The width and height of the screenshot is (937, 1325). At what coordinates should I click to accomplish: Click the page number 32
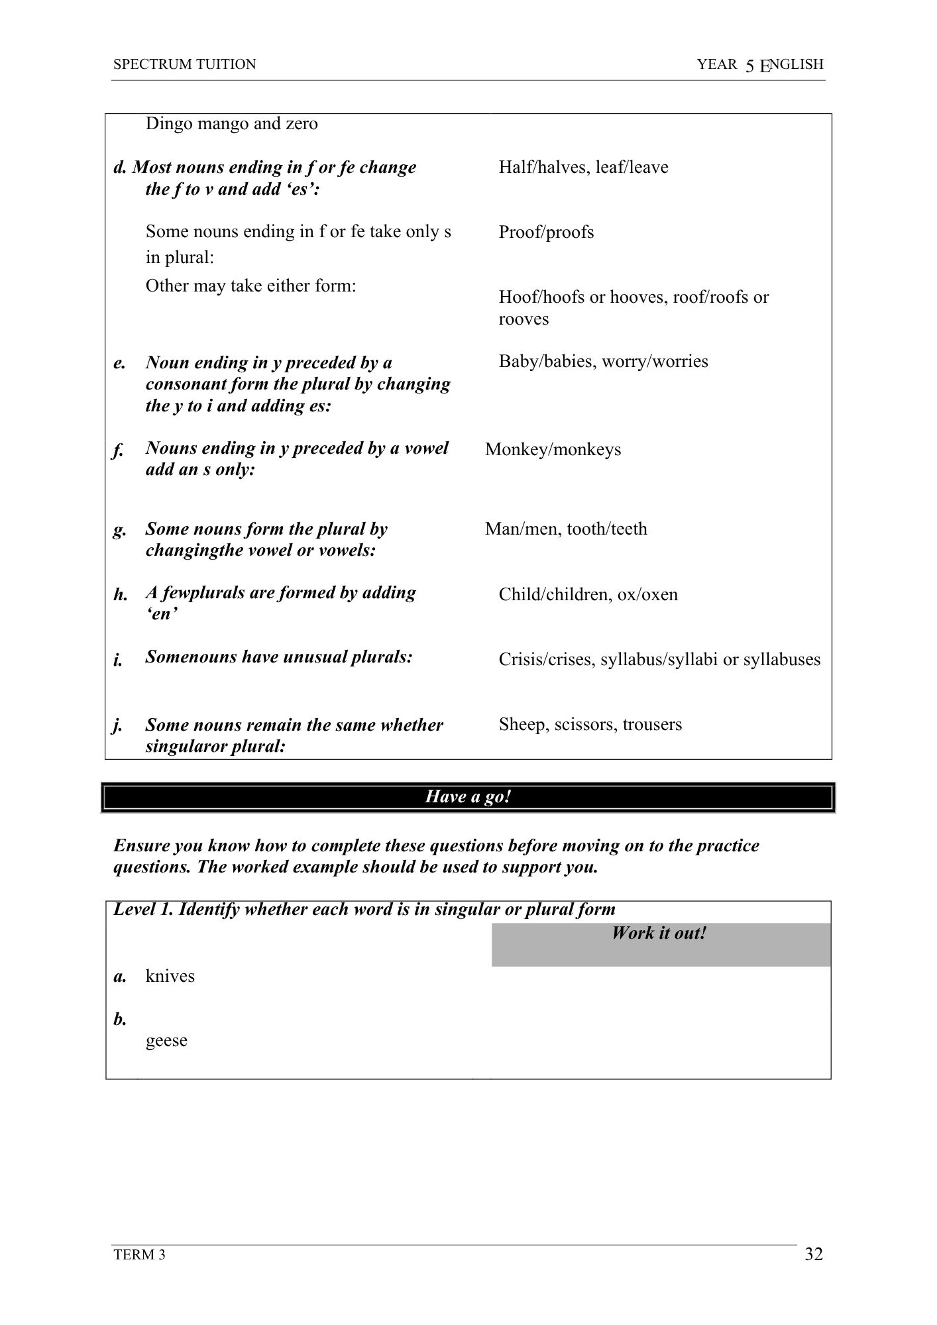tap(814, 1254)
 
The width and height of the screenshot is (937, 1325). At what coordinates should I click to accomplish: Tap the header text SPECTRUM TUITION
tap(184, 64)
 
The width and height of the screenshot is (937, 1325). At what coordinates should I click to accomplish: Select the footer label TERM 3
tap(139, 1255)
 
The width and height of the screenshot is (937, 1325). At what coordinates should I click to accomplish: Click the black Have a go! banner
tap(468, 796)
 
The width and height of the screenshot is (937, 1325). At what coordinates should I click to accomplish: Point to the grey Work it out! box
tap(660, 943)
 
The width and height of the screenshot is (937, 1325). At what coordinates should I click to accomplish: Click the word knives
tap(170, 976)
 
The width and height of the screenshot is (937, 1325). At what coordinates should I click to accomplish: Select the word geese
tap(166, 1040)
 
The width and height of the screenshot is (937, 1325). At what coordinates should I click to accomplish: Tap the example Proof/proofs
tap(546, 232)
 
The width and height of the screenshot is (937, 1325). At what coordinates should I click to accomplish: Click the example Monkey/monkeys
tap(553, 449)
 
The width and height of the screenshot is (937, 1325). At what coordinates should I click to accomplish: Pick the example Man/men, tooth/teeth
tap(566, 529)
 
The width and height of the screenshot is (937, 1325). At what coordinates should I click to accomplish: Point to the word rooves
tap(524, 319)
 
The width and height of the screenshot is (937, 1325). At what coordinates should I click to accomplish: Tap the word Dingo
tap(168, 124)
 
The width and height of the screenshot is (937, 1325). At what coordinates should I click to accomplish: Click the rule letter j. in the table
tap(117, 725)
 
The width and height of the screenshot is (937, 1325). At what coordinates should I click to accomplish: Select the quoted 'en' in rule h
tap(161, 614)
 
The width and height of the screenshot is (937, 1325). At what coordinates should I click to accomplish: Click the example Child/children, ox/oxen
tap(588, 594)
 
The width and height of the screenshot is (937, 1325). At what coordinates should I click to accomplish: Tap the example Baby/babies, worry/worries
tap(603, 361)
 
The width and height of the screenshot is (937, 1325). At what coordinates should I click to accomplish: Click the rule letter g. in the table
tap(119, 530)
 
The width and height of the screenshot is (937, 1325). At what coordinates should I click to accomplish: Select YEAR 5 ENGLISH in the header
tap(760, 64)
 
